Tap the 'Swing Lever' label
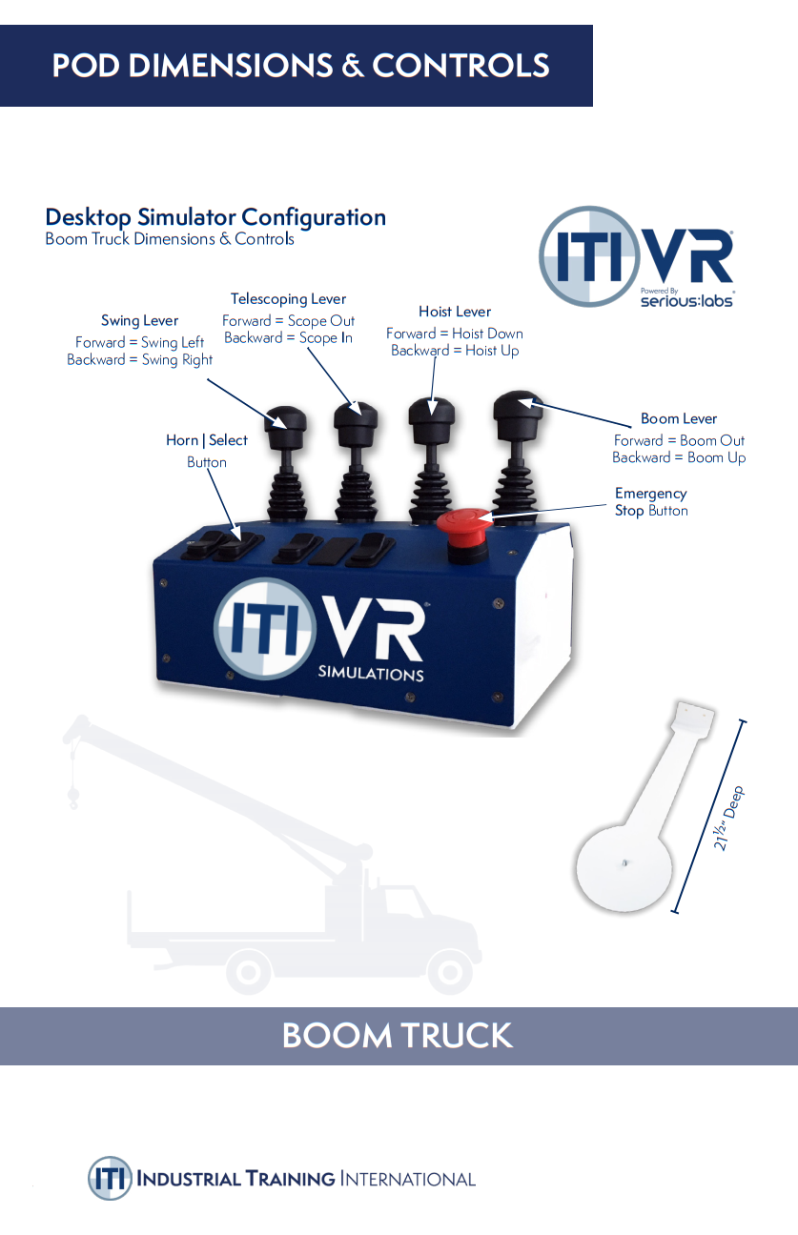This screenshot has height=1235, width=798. pyautogui.click(x=140, y=321)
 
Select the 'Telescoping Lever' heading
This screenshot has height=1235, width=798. pyautogui.click(x=288, y=299)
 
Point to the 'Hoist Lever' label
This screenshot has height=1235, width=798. pyautogui.click(x=455, y=312)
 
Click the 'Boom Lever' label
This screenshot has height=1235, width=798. pyautogui.click(x=679, y=418)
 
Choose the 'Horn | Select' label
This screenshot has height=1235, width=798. pyautogui.click(x=207, y=440)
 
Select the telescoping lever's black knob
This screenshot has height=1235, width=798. pyautogui.click(x=356, y=416)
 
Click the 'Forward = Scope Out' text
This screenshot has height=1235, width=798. pyautogui.click(x=288, y=321)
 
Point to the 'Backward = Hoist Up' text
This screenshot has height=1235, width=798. pyautogui.click(x=455, y=351)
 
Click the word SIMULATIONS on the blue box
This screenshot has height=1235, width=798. pyautogui.click(x=371, y=675)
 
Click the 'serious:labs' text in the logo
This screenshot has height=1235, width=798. pyautogui.click(x=686, y=299)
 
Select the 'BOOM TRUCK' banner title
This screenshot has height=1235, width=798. pyautogui.click(x=398, y=1036)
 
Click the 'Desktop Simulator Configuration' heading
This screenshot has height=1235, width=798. pyautogui.click(x=215, y=217)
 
